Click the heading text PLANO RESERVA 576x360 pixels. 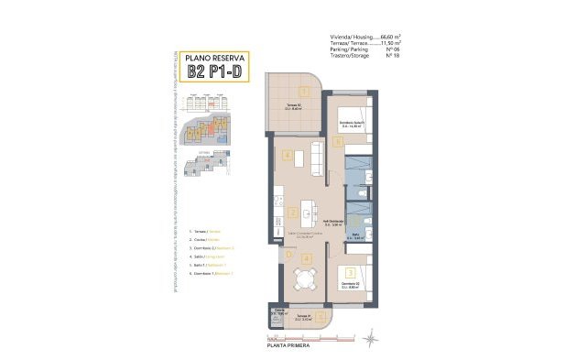[214, 56]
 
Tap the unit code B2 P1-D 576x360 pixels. [214, 71]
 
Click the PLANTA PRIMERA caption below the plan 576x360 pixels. [288, 347]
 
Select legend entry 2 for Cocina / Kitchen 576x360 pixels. [206, 240]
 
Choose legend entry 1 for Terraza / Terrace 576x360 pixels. [206, 232]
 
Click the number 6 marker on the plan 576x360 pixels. [338, 142]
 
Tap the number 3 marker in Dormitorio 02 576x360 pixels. [351, 273]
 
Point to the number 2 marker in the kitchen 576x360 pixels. [291, 212]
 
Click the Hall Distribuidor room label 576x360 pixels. [333, 222]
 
